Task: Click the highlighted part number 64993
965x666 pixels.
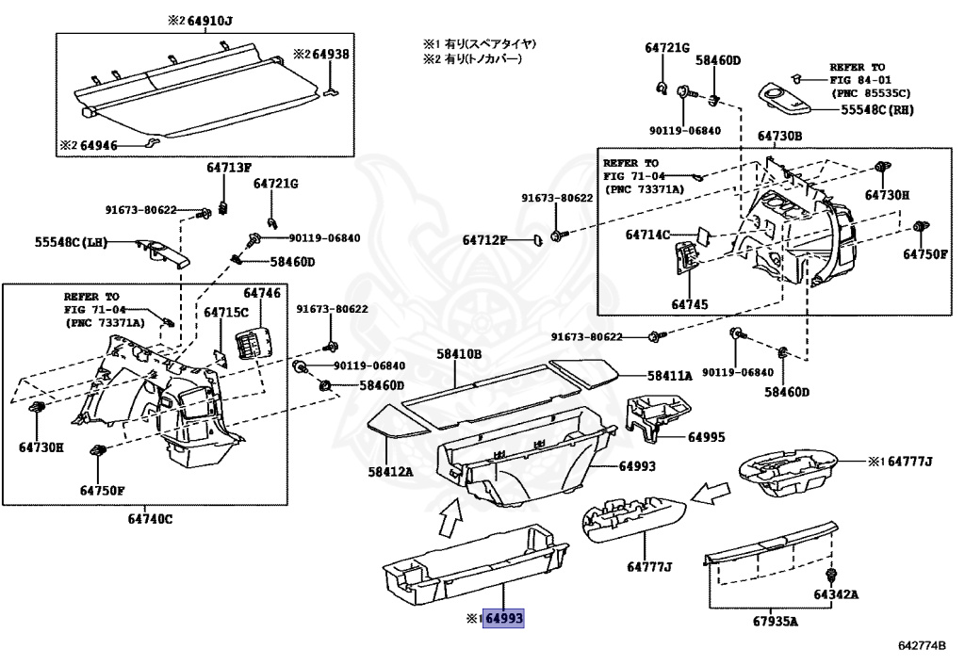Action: (504, 618)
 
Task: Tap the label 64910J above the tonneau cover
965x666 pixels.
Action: (210, 21)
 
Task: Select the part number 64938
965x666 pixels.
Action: (331, 54)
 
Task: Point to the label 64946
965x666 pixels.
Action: (98, 146)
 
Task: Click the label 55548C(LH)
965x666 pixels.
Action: (71, 242)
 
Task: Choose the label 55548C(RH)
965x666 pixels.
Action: (877, 110)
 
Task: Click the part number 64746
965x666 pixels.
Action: (262, 293)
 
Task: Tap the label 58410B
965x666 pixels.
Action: (459, 354)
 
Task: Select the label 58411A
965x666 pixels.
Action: (670, 376)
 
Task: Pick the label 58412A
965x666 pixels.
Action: (391, 472)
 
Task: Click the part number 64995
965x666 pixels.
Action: (707, 437)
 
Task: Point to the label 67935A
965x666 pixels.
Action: (776, 621)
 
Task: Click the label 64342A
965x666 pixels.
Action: (836, 594)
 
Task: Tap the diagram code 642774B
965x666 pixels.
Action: (922, 645)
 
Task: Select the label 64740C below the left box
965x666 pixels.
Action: (150, 519)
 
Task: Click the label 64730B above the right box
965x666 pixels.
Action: (779, 136)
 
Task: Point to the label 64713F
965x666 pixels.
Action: (229, 168)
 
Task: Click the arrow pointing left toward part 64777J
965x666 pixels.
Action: (710, 494)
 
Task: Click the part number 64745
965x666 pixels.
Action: (689, 304)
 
